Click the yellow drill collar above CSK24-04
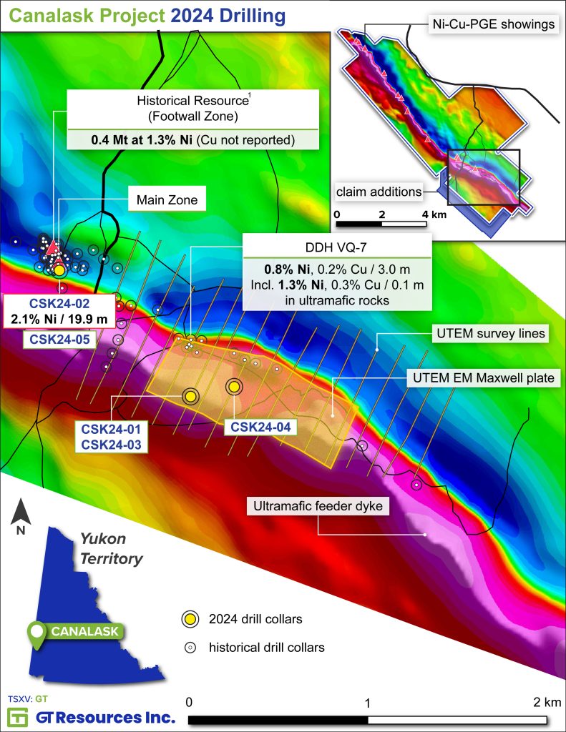(234, 387)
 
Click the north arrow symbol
(21, 517)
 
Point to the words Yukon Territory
(112, 548)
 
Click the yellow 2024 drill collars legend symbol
(189, 619)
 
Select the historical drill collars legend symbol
(189, 648)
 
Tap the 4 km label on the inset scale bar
(434, 214)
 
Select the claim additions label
(378, 191)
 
